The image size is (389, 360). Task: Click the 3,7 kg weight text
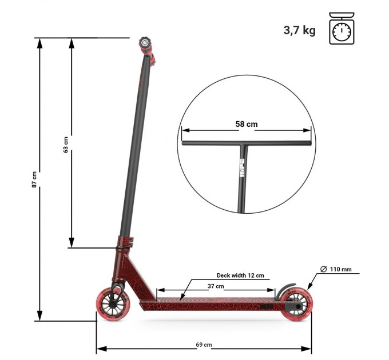point(299,30)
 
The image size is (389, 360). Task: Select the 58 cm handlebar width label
point(247,124)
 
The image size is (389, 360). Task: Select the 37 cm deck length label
point(216,286)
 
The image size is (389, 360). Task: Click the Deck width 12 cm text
point(240,275)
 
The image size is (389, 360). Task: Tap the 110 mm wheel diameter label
point(340,269)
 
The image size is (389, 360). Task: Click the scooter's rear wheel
point(296,305)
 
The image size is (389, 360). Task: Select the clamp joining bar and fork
point(125,243)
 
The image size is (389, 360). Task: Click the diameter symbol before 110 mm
point(324,269)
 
